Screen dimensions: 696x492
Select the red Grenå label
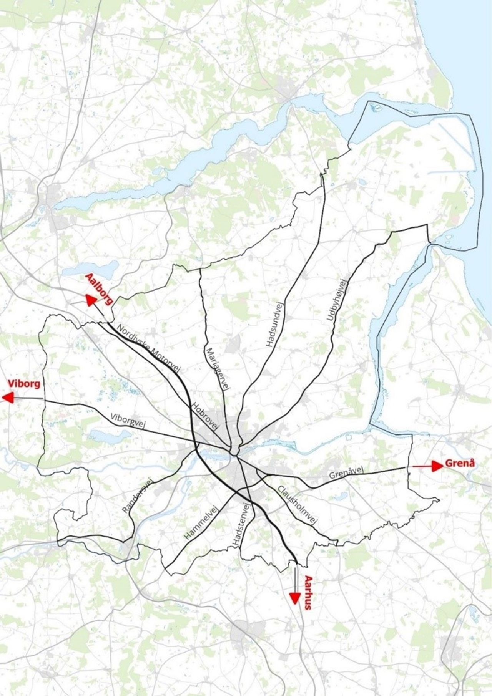tap(460, 463)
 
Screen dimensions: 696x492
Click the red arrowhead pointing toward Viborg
tap(8, 398)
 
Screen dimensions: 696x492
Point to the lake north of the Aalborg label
tap(90, 269)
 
